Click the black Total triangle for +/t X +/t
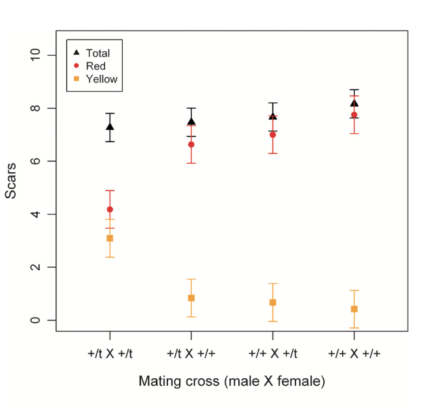point(110,127)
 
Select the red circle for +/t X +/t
point(110,209)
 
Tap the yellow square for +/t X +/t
point(110,238)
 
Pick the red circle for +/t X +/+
point(192,144)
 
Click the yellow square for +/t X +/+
point(192,298)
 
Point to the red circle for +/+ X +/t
point(273,134)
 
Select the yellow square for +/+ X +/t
point(273,303)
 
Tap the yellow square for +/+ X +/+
point(354,309)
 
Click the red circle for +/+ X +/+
point(354,115)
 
